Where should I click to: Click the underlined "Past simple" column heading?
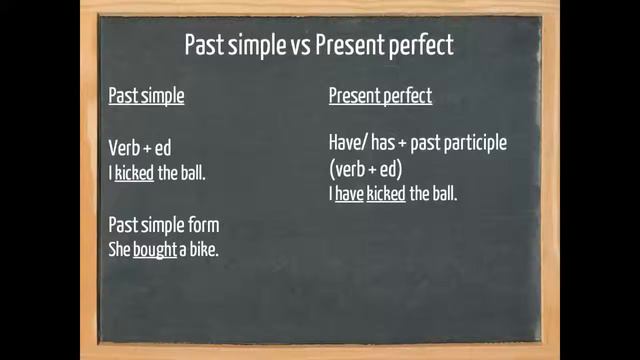tap(146, 96)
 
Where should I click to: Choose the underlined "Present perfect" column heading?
tap(380, 96)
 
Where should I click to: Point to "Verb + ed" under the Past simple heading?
tap(140, 149)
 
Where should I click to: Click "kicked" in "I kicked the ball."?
tap(134, 173)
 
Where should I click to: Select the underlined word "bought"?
tap(155, 249)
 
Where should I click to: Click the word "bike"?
tap(201, 249)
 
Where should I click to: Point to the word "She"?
tap(119, 249)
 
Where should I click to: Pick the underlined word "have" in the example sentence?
tap(349, 194)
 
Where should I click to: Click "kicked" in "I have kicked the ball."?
tap(386, 194)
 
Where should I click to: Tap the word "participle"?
tap(473, 143)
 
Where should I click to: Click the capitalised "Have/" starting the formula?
tap(347, 143)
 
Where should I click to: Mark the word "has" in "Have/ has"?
tap(383, 143)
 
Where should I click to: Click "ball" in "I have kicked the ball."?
tap(443, 194)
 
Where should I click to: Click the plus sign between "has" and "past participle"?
tap(403, 144)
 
